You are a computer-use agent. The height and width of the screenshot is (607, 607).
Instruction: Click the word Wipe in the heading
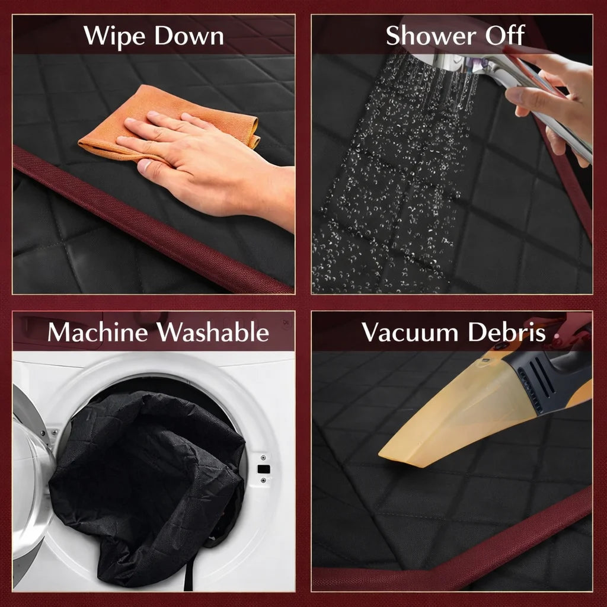114,37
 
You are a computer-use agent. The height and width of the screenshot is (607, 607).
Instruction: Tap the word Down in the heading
189,36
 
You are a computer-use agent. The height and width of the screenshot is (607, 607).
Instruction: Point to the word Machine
98,332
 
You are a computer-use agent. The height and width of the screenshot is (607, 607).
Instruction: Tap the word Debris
507,332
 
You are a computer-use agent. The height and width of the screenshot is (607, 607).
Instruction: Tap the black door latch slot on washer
264,469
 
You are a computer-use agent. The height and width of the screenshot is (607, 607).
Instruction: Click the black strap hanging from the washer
189,576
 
